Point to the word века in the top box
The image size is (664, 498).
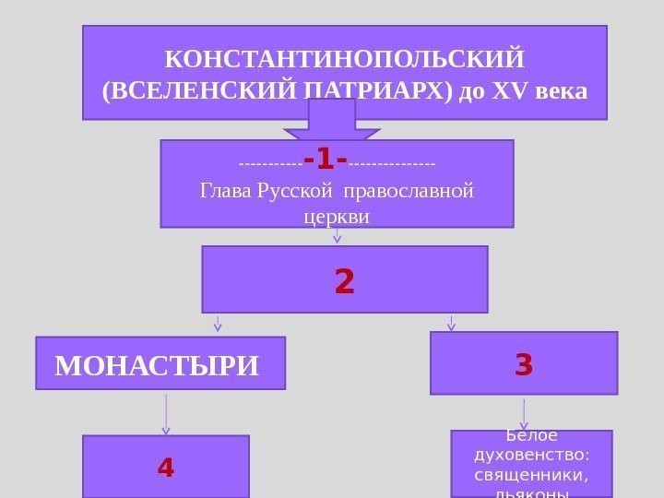(x=555, y=93)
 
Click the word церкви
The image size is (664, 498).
(x=336, y=218)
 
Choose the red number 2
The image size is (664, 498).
(x=344, y=281)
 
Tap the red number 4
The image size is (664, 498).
(x=166, y=468)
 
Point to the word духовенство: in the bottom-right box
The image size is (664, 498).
(x=531, y=455)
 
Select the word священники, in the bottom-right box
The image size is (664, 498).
(x=531, y=474)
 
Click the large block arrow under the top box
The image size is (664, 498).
(x=331, y=121)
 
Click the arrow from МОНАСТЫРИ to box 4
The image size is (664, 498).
(x=166, y=414)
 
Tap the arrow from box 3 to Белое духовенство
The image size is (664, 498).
(x=524, y=413)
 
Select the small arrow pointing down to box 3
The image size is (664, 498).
(x=451, y=323)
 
